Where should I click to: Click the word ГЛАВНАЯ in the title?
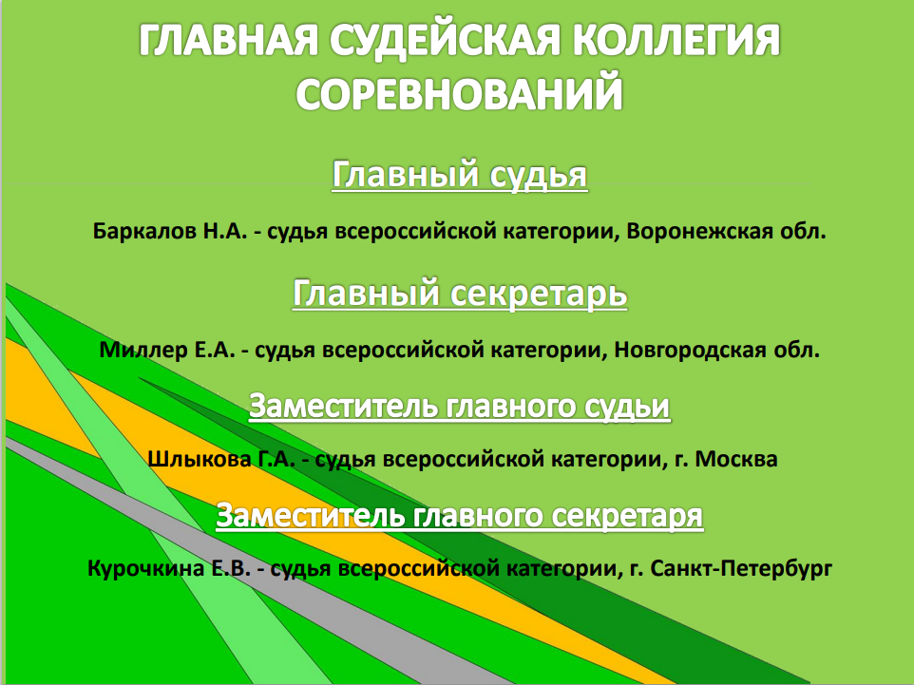click(229, 41)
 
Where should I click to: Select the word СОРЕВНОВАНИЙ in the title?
click(460, 93)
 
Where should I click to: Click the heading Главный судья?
click(460, 174)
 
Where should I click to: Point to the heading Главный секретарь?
click(460, 293)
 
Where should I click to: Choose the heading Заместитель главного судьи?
click(460, 406)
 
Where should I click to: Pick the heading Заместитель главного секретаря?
click(460, 515)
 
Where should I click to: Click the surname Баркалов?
click(144, 232)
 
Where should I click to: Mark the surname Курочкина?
click(145, 568)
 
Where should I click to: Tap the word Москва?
click(736, 459)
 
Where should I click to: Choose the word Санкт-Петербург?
click(741, 568)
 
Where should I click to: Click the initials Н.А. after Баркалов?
click(225, 232)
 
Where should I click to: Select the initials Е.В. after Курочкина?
click(231, 568)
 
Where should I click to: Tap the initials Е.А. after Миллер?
click(215, 350)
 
